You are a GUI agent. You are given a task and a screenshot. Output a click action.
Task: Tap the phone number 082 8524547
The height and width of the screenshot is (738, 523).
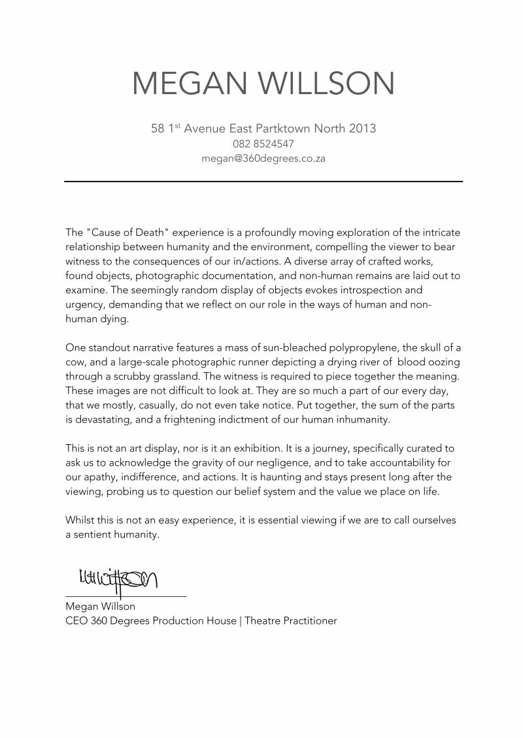263,144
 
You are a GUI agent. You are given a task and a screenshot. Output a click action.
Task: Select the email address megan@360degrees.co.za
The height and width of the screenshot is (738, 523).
263,158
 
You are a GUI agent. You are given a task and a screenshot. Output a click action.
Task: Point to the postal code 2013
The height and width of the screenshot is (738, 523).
362,128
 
